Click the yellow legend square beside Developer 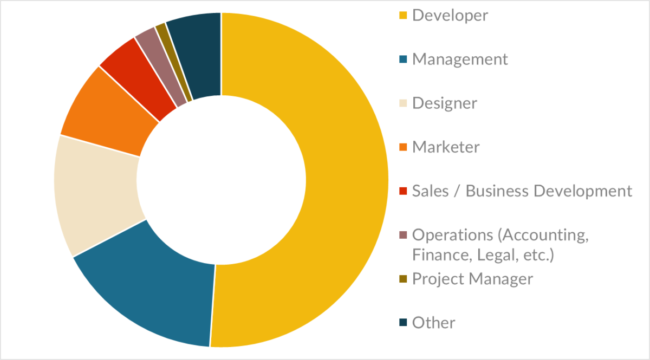click(x=402, y=15)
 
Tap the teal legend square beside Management click(x=402, y=59)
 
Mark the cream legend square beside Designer click(x=402, y=103)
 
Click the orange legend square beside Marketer click(x=402, y=147)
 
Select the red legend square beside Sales click(x=402, y=191)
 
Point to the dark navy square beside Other click(x=402, y=323)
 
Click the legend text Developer click(x=450, y=15)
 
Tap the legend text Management click(x=460, y=59)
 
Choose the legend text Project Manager click(x=472, y=279)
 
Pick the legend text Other click(x=433, y=323)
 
